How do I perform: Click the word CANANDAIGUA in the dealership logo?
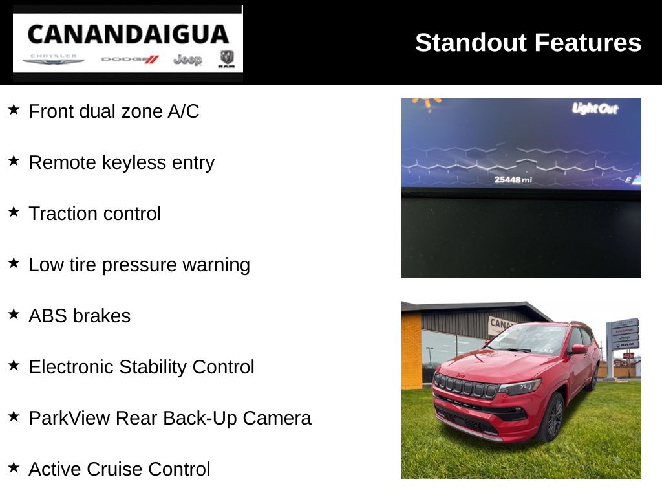pos(128,34)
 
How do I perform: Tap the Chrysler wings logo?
pos(53,60)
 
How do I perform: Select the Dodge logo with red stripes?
pos(130,60)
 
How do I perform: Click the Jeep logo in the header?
pos(187,60)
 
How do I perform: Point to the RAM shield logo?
pos(227,59)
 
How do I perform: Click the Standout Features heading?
pos(528,43)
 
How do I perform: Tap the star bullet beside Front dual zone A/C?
pos(14,109)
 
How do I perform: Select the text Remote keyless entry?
pos(122,162)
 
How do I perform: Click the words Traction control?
pos(95,214)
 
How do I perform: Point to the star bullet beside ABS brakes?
pos(14,314)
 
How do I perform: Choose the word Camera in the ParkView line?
pos(277,418)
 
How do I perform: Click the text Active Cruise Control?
pos(120,469)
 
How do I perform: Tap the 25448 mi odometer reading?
pos(513,180)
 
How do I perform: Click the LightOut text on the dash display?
pos(595,109)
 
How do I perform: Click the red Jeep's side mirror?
pos(579,349)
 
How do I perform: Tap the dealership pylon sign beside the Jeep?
pos(623,347)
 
